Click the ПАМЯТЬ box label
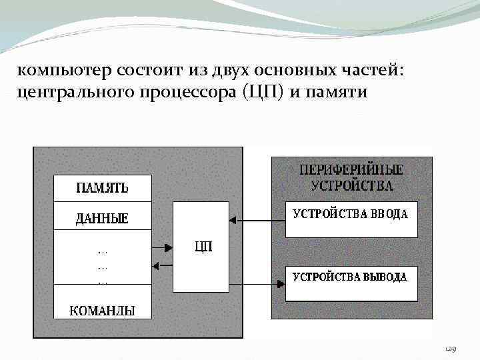[103, 187]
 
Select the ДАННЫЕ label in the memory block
[102, 218]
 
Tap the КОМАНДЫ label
[103, 310]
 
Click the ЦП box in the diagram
[201, 247]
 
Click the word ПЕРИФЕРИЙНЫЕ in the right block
[352, 169]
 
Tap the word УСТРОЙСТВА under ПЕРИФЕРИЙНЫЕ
[352, 185]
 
